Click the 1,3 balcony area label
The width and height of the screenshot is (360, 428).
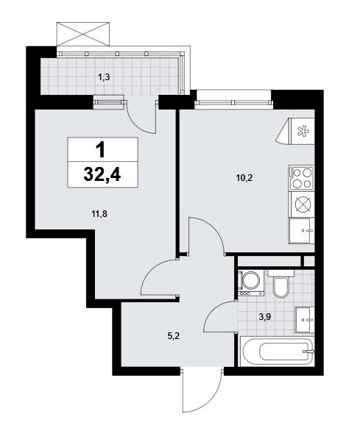coord(104,77)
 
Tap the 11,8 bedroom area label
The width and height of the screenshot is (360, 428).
coord(99,214)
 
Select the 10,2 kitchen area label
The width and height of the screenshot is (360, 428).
coord(244,178)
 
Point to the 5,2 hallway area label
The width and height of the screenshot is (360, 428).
coord(173,336)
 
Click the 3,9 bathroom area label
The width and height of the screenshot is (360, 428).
coord(264,317)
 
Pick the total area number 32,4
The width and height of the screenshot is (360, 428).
coord(102,174)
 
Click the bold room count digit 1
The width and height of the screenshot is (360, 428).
coord(101,150)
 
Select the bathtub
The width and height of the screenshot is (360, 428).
coord(277,352)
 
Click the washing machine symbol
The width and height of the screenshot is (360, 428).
coord(251,283)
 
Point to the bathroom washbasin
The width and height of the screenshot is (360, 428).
coord(305,320)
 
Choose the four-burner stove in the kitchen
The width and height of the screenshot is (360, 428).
coord(302,178)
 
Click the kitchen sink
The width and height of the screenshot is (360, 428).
coord(302,231)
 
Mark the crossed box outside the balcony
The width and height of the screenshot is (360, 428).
coord(83,34)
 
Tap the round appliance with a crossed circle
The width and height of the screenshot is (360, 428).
coord(302,204)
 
